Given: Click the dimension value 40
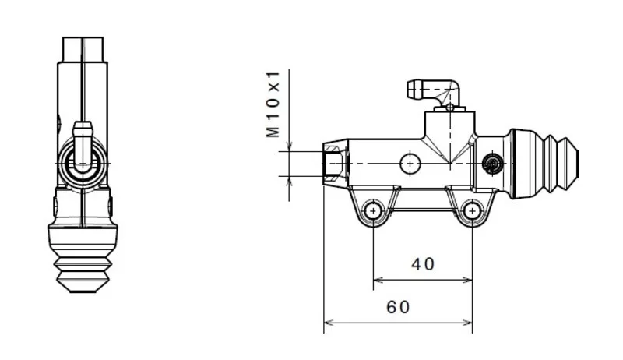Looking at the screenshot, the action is click(x=423, y=264).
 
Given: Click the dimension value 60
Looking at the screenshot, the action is click(x=398, y=307).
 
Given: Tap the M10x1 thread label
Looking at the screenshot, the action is click(x=273, y=104).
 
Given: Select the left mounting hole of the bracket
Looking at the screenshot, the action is click(x=373, y=210).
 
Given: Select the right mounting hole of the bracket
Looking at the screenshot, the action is click(x=472, y=210).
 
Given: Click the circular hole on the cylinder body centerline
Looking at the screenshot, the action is click(x=410, y=164).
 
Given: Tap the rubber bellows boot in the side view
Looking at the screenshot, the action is click(x=544, y=164).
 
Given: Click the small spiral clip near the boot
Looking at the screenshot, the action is click(x=492, y=164).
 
